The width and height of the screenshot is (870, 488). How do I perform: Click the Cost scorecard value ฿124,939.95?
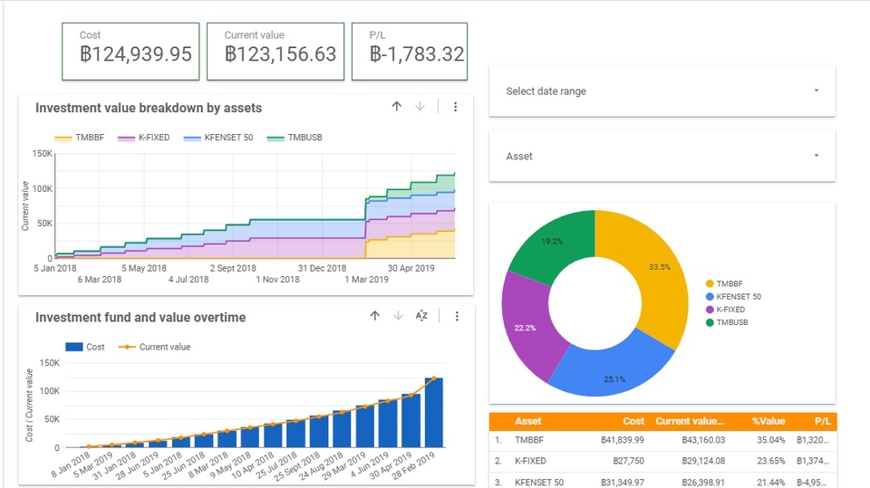point(136,54)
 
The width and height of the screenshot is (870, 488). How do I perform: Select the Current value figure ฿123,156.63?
point(280,54)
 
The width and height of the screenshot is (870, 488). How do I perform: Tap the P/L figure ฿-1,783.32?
point(417,54)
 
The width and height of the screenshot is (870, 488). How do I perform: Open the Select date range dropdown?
point(662,91)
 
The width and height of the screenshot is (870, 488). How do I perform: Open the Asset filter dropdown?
point(662,157)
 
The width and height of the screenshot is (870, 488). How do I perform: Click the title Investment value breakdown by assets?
point(149,108)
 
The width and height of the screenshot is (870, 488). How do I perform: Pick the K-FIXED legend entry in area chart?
point(153,138)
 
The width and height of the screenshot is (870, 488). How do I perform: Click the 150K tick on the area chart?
point(42,154)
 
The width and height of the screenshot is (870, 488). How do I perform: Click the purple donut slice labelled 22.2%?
point(526,326)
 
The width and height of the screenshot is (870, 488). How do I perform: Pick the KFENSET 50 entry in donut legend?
point(739,297)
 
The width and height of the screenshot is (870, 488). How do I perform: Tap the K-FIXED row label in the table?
point(529,461)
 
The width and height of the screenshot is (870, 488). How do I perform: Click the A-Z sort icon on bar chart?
point(421,316)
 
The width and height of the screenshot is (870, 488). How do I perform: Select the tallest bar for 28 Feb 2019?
point(433,412)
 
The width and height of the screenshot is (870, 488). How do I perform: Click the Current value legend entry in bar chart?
point(164,347)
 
